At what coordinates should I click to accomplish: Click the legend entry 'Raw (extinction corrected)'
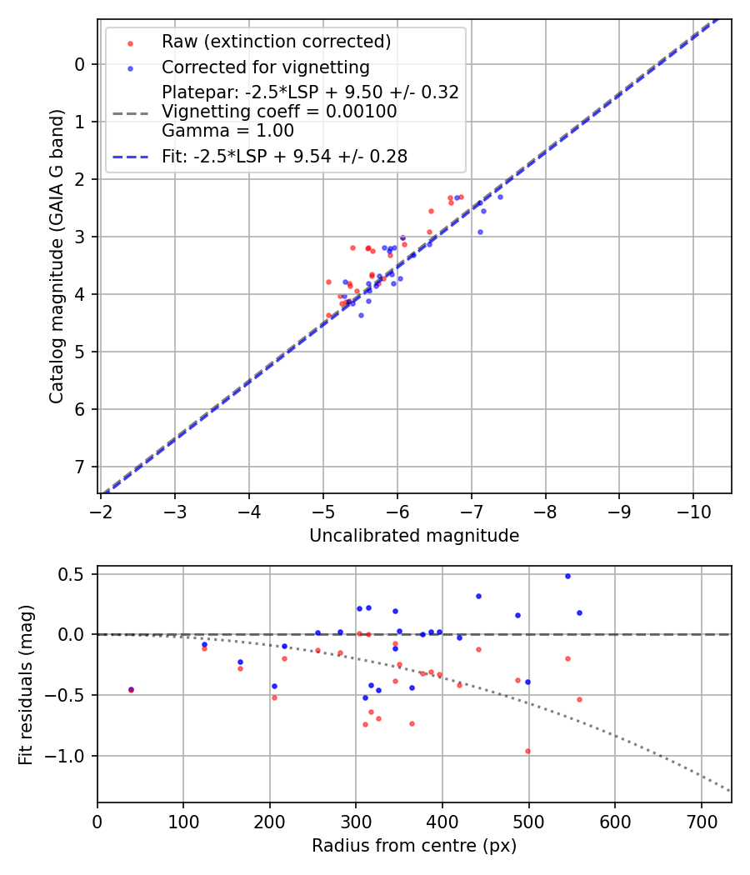[276, 42]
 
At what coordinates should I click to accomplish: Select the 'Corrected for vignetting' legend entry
[265, 67]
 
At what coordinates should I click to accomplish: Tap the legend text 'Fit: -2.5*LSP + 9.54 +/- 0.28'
[284, 156]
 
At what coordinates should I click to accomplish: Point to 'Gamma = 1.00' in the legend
[227, 130]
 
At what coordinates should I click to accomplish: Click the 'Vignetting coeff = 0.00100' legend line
[279, 111]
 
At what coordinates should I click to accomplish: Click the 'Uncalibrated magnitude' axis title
[414, 536]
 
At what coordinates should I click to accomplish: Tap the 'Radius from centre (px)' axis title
[414, 846]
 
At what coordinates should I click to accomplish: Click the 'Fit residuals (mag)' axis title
[26, 684]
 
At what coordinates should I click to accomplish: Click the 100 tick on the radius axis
[183, 819]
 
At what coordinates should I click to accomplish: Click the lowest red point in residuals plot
[527, 751]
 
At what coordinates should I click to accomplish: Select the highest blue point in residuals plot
[567, 576]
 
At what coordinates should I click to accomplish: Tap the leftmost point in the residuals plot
[131, 689]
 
